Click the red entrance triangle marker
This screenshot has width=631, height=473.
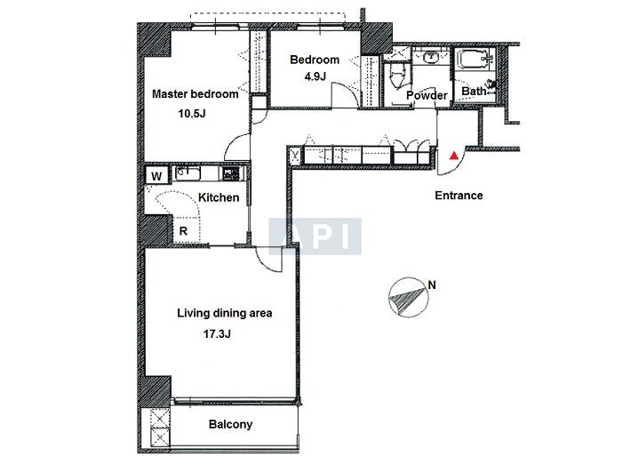click(x=454, y=156)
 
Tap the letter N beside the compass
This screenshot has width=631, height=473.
click(x=432, y=285)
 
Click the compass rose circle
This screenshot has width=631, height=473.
click(x=408, y=298)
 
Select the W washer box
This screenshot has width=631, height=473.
click(x=157, y=176)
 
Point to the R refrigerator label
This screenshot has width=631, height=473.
click(x=183, y=231)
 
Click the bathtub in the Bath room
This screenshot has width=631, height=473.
click(x=475, y=60)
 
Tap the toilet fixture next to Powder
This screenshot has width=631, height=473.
click(x=397, y=76)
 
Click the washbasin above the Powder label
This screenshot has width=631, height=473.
click(x=431, y=57)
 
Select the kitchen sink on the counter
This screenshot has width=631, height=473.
click(x=188, y=174)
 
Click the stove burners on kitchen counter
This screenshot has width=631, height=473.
click(x=230, y=174)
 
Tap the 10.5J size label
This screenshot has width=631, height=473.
click(x=192, y=114)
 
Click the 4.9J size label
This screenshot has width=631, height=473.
click(x=315, y=76)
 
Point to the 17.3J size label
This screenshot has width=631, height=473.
click(x=217, y=333)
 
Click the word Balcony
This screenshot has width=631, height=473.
click(x=230, y=424)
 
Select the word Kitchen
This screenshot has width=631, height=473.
click(x=219, y=197)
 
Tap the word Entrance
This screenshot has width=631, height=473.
click(x=459, y=196)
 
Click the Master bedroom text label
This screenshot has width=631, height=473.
click(x=196, y=94)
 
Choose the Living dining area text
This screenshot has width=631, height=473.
click(x=225, y=313)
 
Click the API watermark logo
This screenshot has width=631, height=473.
click(x=315, y=236)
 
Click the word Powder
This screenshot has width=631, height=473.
click(x=427, y=95)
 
